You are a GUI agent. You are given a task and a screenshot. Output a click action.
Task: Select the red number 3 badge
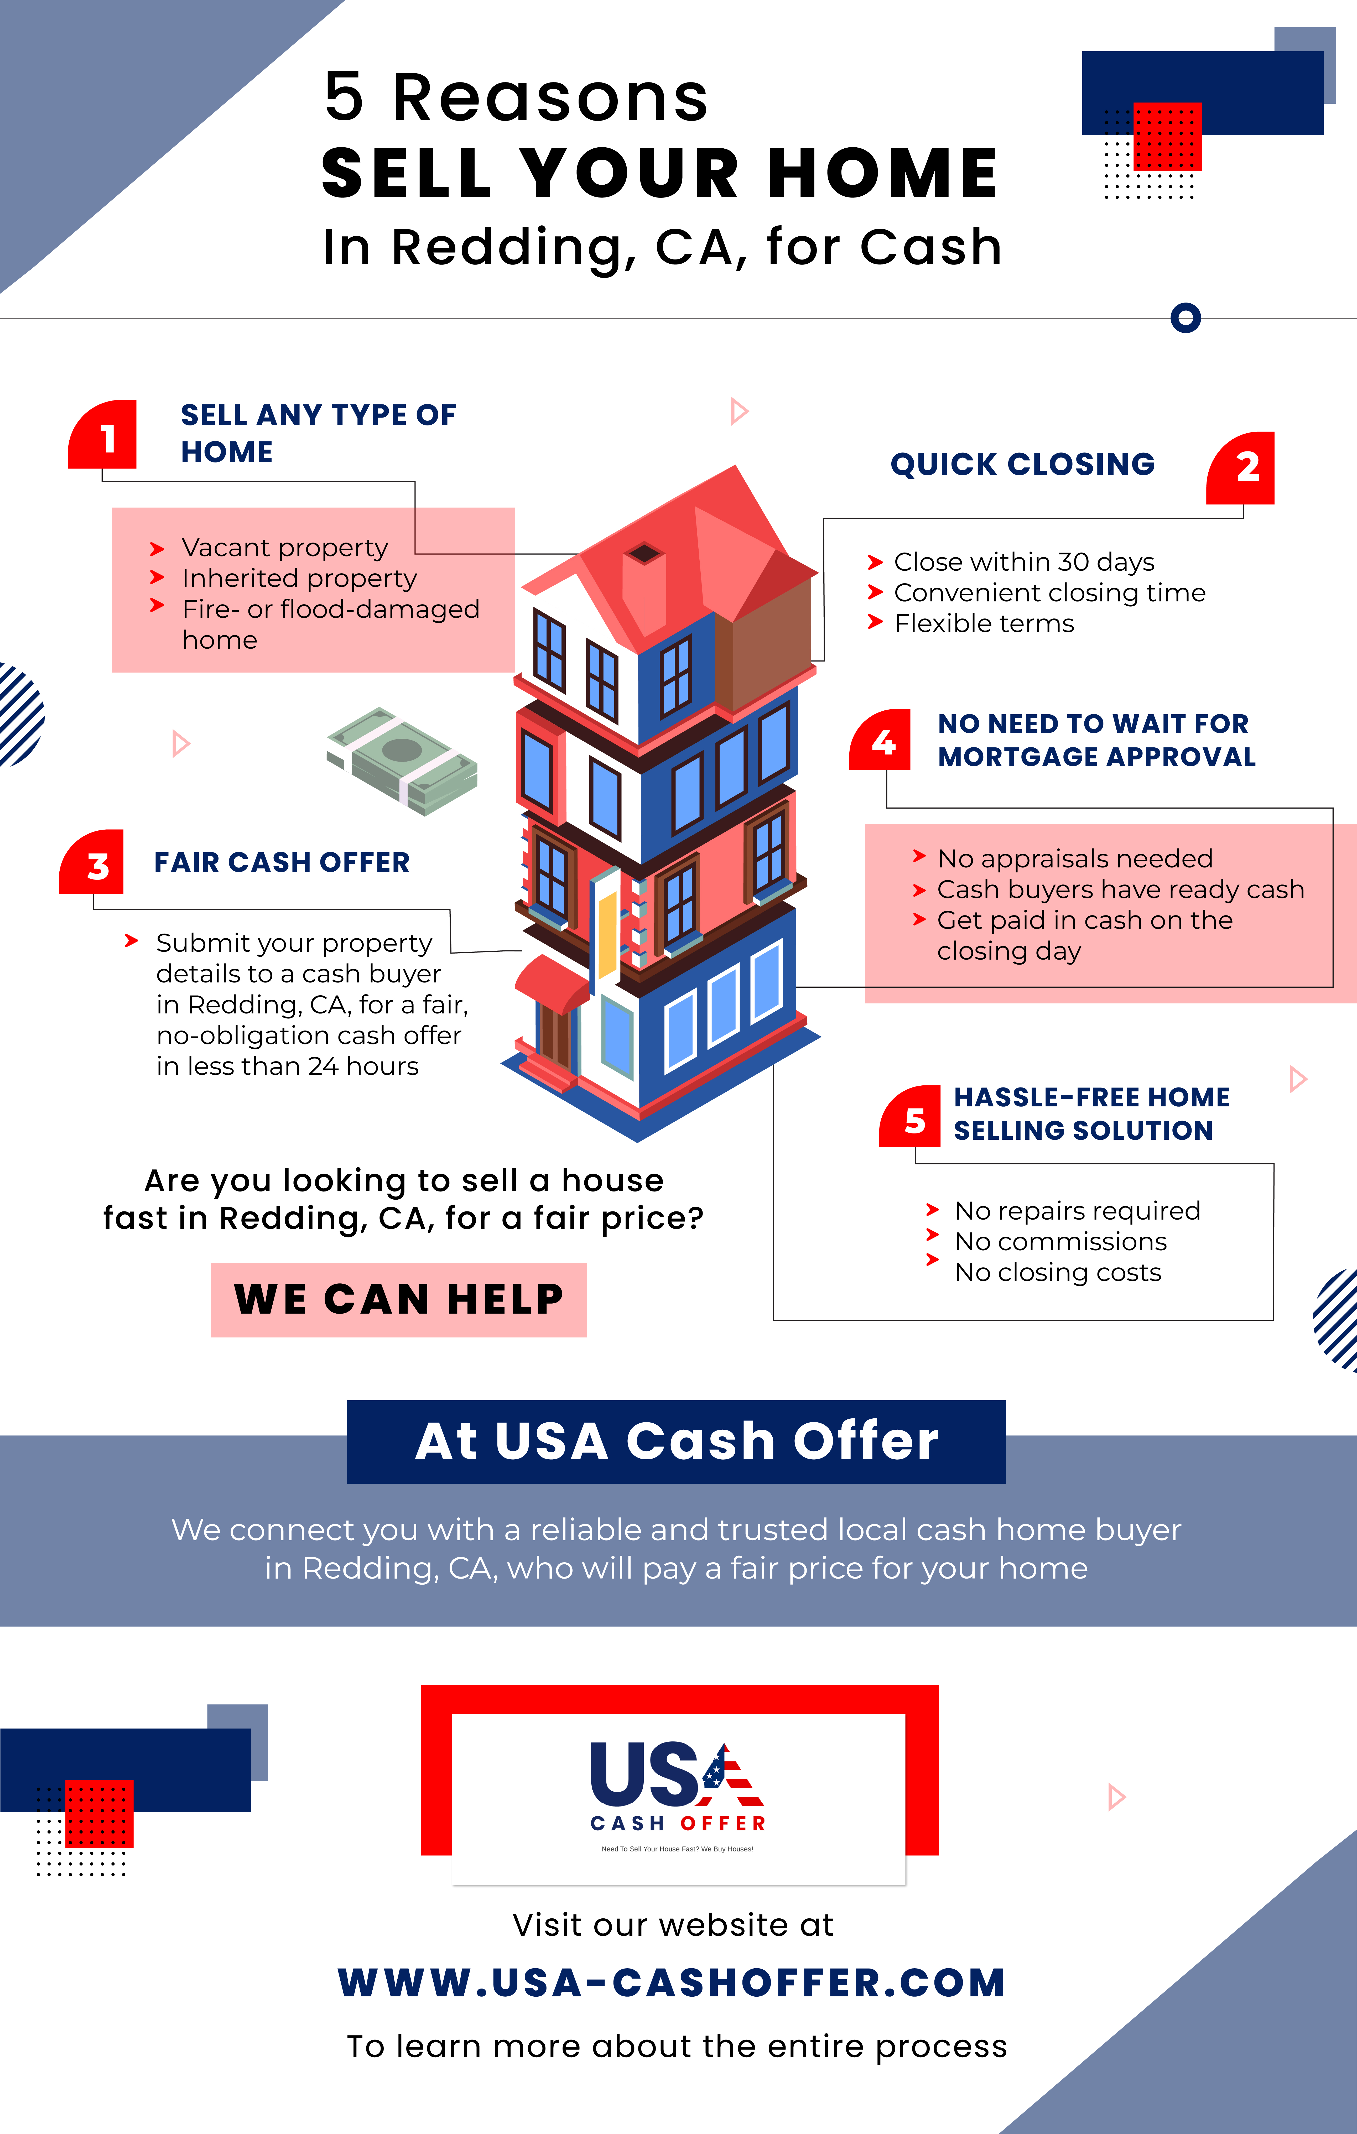click(x=91, y=862)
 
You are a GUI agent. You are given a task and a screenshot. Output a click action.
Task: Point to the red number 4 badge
click(x=880, y=740)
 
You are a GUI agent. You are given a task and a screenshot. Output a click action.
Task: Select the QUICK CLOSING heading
click(x=1023, y=464)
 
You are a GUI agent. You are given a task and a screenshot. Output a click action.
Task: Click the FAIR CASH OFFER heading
click(x=282, y=862)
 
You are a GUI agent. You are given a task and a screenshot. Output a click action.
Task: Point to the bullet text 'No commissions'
click(x=1061, y=1242)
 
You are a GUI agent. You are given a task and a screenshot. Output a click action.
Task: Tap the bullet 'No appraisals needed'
click(x=1075, y=859)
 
